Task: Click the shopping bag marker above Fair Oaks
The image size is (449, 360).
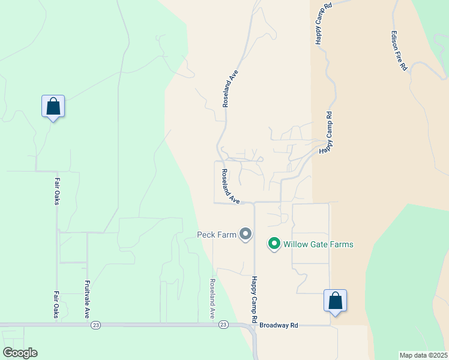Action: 53,107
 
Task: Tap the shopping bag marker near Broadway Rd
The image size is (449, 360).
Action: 335,301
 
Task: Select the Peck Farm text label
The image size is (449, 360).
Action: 217,235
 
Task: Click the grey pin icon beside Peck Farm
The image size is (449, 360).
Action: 245,234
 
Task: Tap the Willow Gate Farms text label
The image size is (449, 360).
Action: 318,244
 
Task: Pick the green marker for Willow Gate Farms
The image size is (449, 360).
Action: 274,244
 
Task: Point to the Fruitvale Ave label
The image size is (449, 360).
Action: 87,299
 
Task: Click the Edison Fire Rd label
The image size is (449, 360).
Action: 399,52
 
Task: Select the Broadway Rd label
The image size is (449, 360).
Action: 279,326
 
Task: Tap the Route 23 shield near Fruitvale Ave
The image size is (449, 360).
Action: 95,325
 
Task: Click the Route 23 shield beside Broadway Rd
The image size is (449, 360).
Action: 223,325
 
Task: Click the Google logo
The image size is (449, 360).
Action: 20,353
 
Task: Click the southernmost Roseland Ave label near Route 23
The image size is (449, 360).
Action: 212,298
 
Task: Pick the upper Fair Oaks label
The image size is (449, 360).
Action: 57,190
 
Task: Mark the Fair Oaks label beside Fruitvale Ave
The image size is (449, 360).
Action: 56,304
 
